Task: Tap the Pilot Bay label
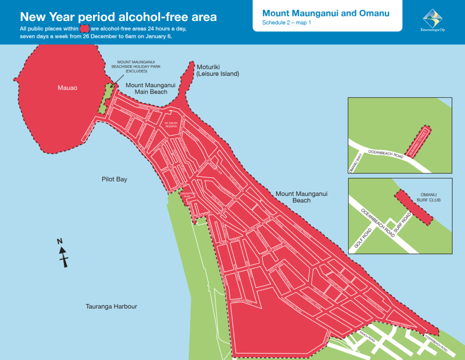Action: point(114,179)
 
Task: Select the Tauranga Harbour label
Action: point(111,306)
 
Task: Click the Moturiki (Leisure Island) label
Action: point(217,70)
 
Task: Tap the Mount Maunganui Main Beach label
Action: point(151,88)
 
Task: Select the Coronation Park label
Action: point(187,195)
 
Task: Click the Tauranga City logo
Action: point(432,20)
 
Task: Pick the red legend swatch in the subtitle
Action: point(84,28)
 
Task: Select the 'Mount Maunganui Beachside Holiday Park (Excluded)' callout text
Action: point(131,66)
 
